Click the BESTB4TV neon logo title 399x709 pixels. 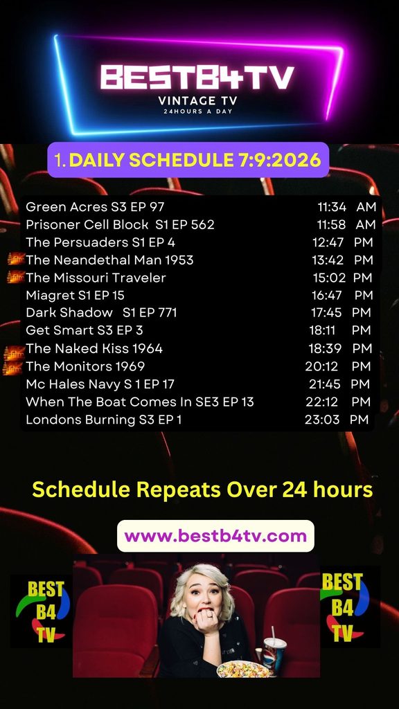pos(197,77)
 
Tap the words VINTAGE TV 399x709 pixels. pos(197,100)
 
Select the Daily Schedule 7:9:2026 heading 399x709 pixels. pos(188,160)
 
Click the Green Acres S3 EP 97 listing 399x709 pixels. pos(95,206)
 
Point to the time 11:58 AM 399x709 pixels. pos(346,224)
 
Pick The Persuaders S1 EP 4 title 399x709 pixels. pos(100,242)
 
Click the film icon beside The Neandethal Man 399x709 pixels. pos(16,259)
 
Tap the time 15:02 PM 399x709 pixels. pos(342,277)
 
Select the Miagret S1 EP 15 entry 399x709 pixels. pos(75,295)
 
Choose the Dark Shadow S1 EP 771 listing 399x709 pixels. pos(101,312)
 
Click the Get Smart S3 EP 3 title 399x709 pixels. pos(84,330)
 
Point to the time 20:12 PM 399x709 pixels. pos(338,366)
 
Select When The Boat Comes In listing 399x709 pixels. pos(140,402)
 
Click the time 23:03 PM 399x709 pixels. pos(337,420)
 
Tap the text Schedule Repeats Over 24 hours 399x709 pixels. pos(203,490)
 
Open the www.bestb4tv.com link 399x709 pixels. pos(216,537)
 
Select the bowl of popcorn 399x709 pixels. pos(243,669)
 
